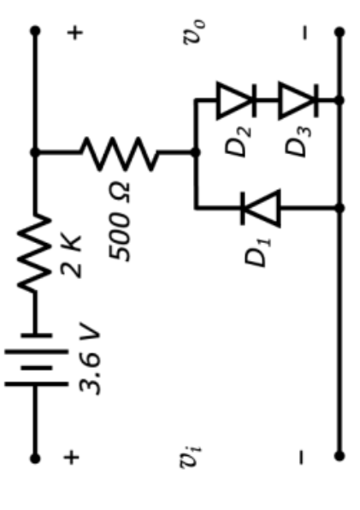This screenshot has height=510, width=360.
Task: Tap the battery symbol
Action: point(35,359)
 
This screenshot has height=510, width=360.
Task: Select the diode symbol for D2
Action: point(236,100)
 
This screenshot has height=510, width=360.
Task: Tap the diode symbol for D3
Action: point(299,100)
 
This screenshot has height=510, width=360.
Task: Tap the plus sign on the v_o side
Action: point(76,33)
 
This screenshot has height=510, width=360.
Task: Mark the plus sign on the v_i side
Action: point(76,459)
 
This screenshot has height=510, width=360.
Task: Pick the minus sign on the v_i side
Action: point(301,459)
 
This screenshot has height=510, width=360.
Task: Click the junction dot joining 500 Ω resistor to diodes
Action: point(196,152)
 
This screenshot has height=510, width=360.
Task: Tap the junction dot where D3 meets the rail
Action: point(339,100)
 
